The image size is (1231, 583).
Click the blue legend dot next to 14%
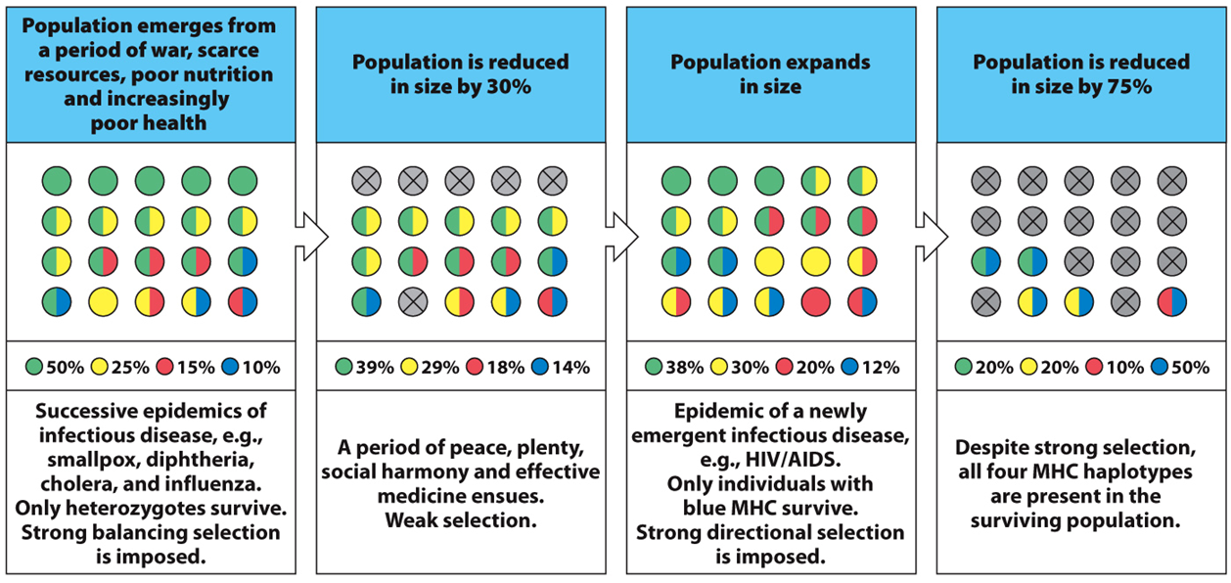coord(539,368)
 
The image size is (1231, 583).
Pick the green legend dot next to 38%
coord(654,368)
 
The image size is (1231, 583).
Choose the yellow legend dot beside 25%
coord(99,368)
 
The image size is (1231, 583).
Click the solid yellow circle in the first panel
coord(104,301)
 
